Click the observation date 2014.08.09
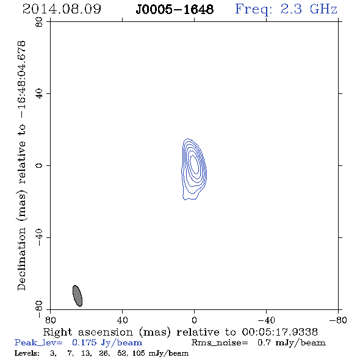pyautogui.click(x=62, y=9)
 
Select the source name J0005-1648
pyautogui.click(x=175, y=10)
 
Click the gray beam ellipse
pyautogui.click(x=77, y=296)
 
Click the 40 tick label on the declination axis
pyautogui.click(x=39, y=94)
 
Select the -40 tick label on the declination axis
pyautogui.click(x=39, y=237)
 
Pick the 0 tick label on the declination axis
pyautogui.click(x=39, y=165)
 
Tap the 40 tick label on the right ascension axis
pyautogui.click(x=122, y=320)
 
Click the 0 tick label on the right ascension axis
pyautogui.click(x=194, y=320)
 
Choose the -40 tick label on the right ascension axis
pyautogui.click(x=266, y=320)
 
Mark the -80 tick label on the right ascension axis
pyautogui.click(x=338, y=320)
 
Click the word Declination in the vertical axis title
pyautogui.click(x=21, y=259)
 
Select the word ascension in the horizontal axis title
pyautogui.click(x=106, y=332)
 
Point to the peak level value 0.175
pyautogui.click(x=84, y=342)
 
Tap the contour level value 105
pyautogui.click(x=139, y=353)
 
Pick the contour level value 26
pyautogui.click(x=104, y=353)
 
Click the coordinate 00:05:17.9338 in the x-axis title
pyautogui.click(x=279, y=332)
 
